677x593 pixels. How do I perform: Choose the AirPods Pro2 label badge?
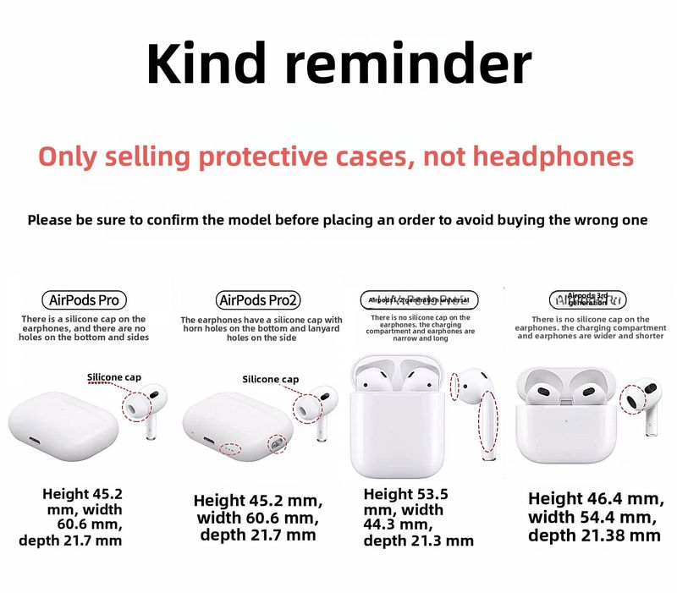259,299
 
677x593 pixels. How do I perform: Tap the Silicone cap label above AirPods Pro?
114,377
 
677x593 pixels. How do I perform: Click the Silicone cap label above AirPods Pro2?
270,380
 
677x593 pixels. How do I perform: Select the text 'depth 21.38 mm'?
594,535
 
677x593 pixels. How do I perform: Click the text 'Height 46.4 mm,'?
594,498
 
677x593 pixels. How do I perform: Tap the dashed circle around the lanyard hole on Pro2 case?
276,442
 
